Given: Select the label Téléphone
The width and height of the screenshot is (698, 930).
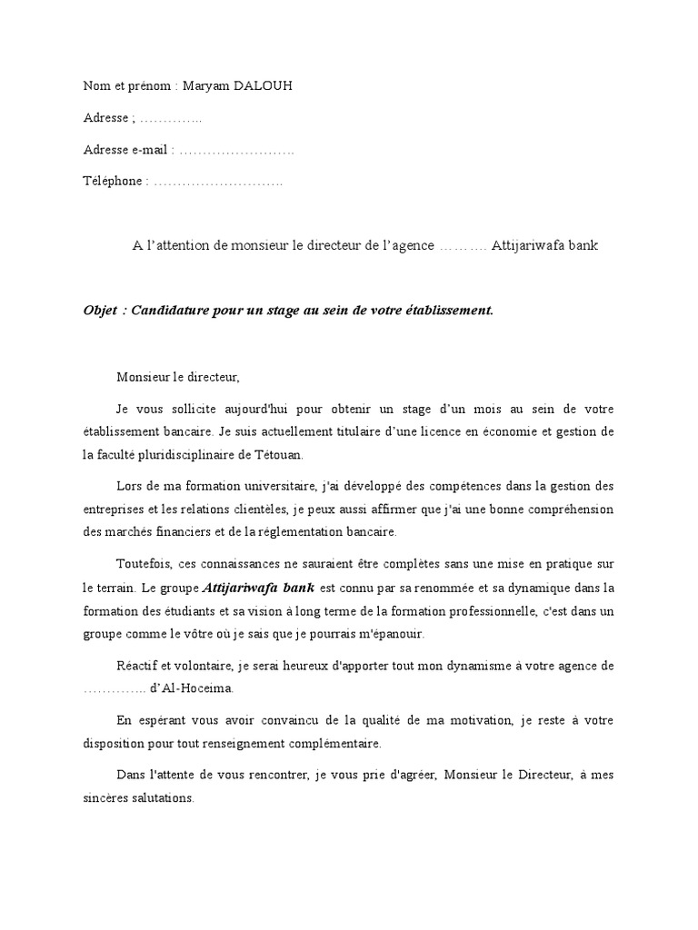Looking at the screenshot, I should point(113,182).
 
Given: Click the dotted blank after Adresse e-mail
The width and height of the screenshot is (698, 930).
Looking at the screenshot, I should point(236,150).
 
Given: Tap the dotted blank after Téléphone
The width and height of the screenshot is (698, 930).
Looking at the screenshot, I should point(218,182).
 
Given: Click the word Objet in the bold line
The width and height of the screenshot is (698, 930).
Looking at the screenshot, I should point(101,310).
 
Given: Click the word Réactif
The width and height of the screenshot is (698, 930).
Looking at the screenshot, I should point(139,666).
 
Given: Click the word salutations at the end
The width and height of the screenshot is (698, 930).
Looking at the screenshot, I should point(163,799).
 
